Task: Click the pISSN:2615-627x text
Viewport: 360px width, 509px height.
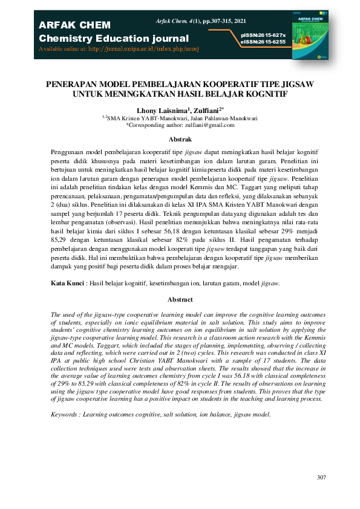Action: pos(263,36)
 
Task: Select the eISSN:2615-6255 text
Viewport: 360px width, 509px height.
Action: pos(263,42)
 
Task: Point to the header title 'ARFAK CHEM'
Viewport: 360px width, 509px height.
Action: pos(74,25)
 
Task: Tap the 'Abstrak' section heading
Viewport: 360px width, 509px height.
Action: pos(180,139)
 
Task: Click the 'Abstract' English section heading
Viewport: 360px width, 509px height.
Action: pos(180,300)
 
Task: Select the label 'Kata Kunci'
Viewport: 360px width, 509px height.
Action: pos(66,283)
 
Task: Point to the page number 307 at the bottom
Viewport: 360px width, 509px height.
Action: pos(321,478)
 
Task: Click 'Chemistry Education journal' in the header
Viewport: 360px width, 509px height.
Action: pos(114,39)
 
